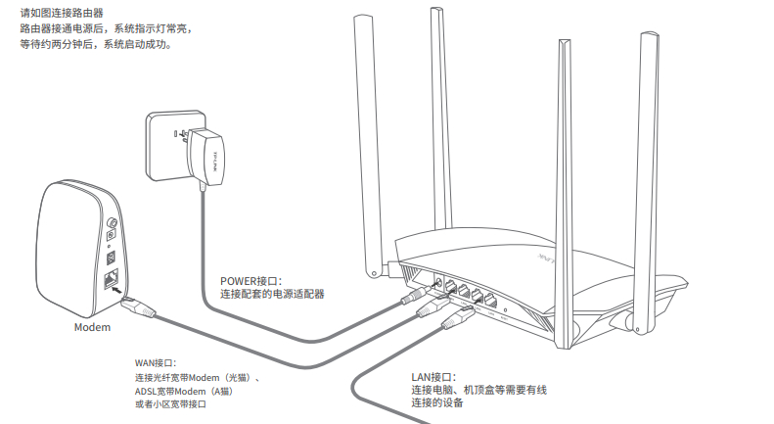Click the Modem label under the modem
pyautogui.click(x=93, y=326)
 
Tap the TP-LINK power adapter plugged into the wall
pyautogui.click(x=210, y=156)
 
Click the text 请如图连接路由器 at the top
pyautogui.click(x=62, y=13)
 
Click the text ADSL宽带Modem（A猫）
pyautogui.click(x=183, y=391)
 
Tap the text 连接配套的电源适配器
pyautogui.click(x=272, y=294)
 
